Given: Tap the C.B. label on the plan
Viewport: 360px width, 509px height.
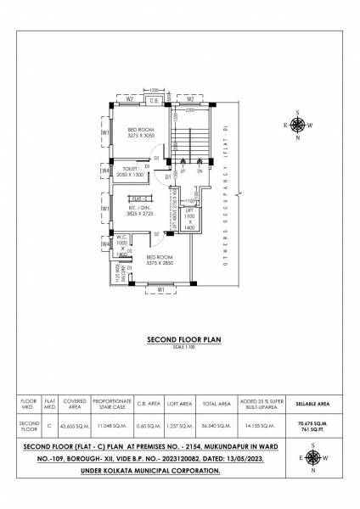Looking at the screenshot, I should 155,101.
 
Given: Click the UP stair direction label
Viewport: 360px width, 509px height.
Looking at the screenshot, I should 183,171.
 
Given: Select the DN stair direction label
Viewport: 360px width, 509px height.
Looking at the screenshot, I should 200,171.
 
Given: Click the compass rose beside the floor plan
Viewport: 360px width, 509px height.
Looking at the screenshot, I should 298,124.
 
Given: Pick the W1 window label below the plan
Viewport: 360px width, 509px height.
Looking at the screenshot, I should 160,290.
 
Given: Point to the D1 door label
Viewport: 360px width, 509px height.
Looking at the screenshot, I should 169,176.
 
